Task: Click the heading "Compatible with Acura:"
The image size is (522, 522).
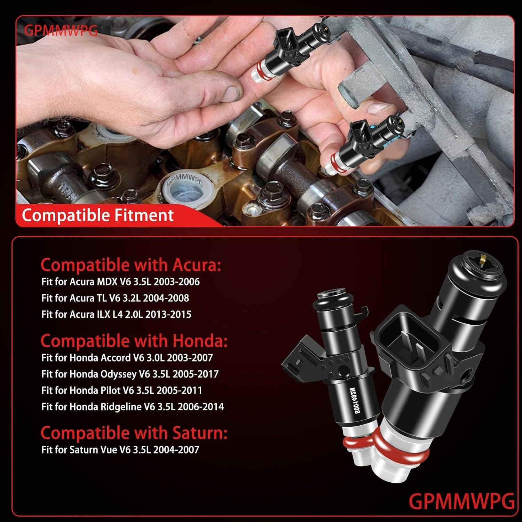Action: (130, 265)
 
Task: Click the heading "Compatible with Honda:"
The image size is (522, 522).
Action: (134, 341)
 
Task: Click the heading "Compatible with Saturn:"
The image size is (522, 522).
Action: (134, 433)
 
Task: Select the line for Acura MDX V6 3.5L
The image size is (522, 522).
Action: (120, 282)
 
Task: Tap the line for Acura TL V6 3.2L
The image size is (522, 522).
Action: (115, 298)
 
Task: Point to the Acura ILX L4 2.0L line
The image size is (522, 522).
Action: (116, 314)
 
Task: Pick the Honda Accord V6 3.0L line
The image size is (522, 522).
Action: (127, 357)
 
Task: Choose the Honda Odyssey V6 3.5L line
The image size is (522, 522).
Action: (130, 374)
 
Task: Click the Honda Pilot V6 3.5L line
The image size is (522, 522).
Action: (121, 390)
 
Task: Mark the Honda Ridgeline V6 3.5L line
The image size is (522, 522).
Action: (133, 406)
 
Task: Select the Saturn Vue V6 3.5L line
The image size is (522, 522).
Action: (120, 449)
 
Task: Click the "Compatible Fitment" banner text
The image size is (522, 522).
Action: (97, 215)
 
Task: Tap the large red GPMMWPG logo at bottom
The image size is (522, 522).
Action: (461, 501)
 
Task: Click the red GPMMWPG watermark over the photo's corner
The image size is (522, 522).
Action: (61, 31)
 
